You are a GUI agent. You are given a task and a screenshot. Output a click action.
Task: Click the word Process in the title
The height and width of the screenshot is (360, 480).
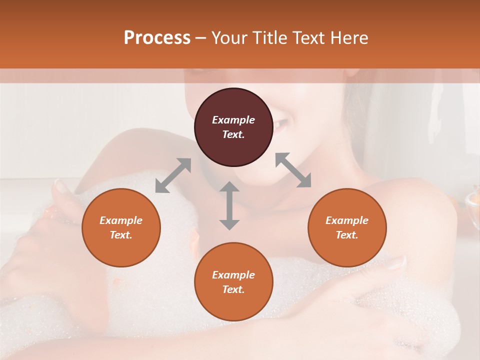(157, 38)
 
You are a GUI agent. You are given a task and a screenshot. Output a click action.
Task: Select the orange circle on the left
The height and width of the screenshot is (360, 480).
(121, 227)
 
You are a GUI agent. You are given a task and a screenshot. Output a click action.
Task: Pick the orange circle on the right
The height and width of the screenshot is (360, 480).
(347, 227)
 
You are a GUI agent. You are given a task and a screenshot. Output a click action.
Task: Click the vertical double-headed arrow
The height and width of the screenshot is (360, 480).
(229, 205)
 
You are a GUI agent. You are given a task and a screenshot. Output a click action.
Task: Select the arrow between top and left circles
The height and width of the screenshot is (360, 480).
(173, 175)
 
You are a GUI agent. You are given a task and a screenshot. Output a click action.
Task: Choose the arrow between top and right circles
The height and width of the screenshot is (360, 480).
(293, 170)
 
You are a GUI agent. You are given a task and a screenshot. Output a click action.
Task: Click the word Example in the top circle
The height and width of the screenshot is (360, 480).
(233, 120)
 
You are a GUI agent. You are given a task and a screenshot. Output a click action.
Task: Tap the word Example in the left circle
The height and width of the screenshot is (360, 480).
(121, 220)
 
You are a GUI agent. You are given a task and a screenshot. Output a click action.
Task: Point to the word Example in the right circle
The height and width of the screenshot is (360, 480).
(347, 220)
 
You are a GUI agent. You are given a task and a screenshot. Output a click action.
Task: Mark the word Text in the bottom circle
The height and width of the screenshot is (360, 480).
(233, 289)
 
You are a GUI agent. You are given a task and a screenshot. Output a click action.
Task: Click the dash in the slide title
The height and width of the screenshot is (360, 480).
(200, 38)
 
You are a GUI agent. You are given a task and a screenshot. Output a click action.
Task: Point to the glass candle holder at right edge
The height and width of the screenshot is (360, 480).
(472, 202)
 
